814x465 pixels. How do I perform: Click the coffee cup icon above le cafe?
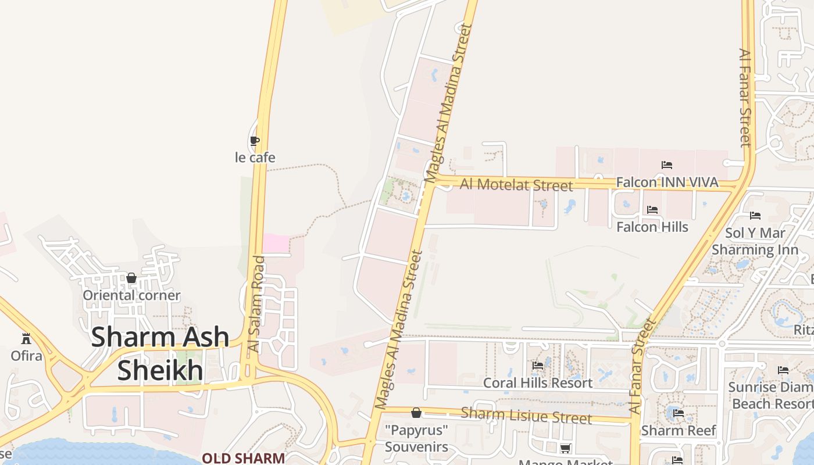[254, 140]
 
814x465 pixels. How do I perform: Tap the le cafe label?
[255, 158]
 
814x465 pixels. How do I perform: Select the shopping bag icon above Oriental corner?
[131, 278]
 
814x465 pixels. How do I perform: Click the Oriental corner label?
[131, 295]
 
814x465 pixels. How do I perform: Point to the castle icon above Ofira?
[26, 338]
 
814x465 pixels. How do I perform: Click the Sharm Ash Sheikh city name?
[160, 353]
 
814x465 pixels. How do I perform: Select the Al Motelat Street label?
[516, 185]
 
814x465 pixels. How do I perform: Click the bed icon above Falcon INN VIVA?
[667, 165]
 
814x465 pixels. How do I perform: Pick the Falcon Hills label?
[652, 227]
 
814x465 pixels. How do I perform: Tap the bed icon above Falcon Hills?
[652, 210]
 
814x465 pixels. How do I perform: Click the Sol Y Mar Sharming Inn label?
[755, 241]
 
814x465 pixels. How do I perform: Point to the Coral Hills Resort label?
[538, 383]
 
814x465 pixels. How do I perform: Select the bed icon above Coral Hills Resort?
[538, 366]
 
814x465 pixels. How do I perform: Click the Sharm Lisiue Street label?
[526, 415]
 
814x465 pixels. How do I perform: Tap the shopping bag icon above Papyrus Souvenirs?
[416, 413]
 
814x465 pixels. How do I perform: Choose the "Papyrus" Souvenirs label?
[416, 439]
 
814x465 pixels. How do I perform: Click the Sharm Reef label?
[678, 431]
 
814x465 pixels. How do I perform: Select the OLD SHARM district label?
[243, 458]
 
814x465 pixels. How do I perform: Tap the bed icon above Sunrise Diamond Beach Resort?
[783, 370]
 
